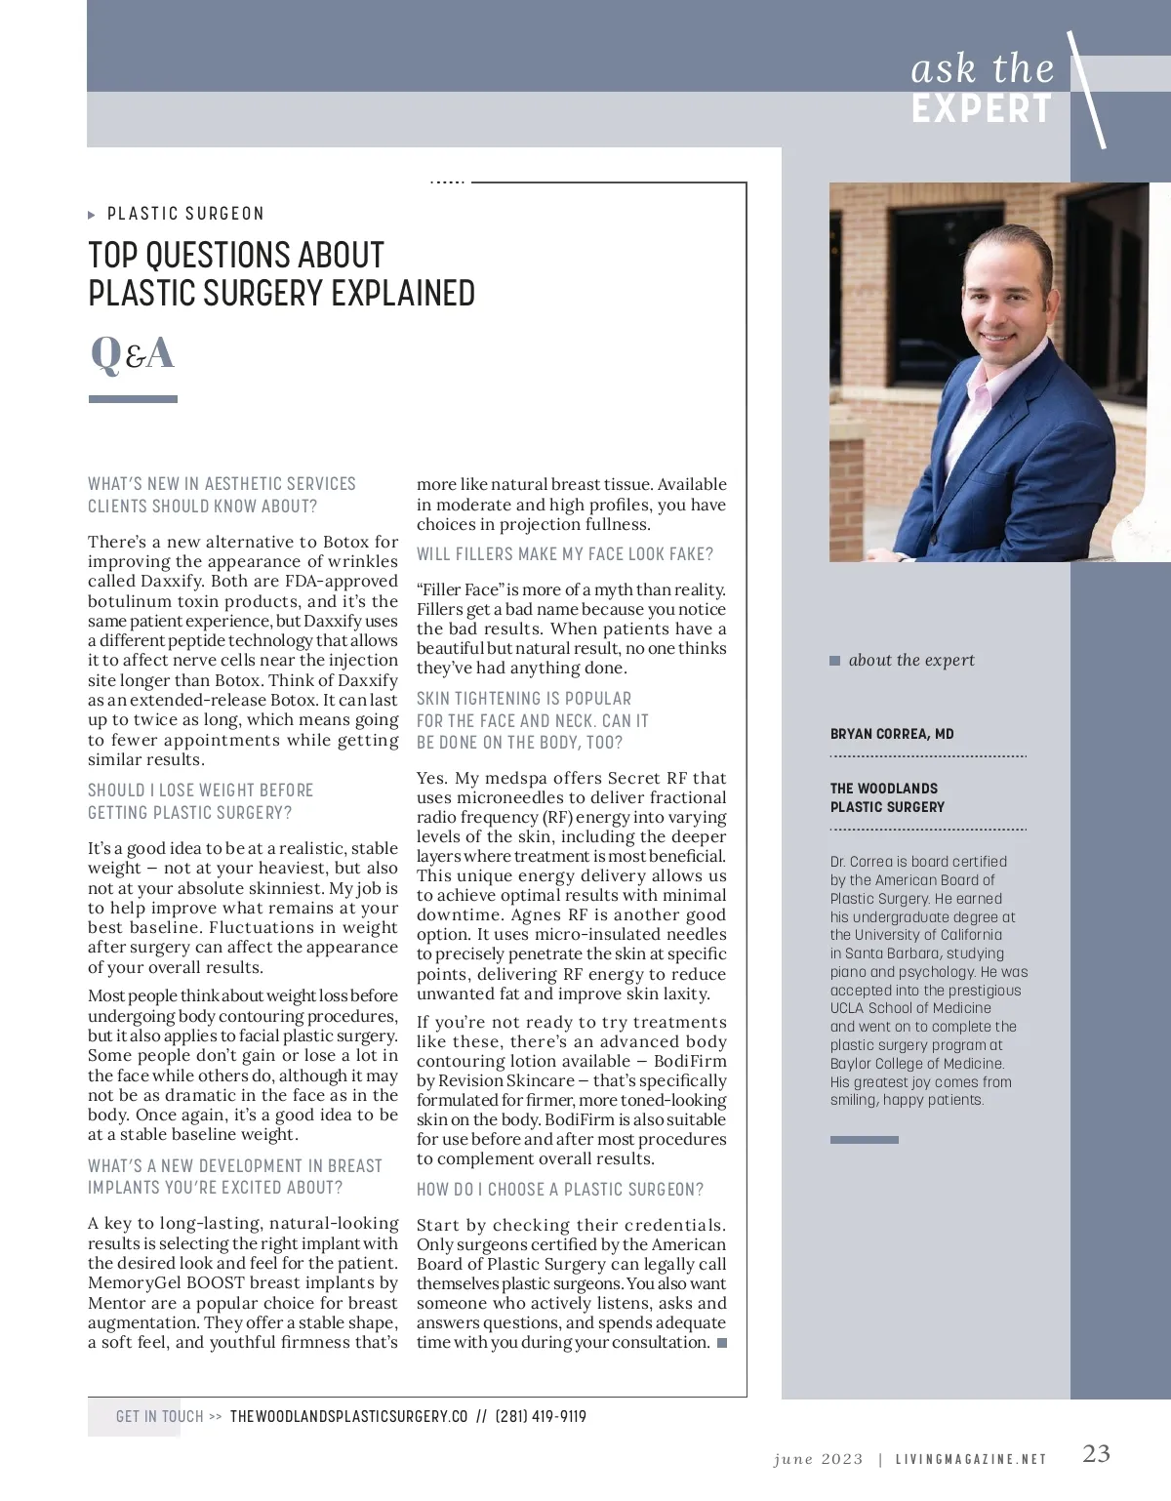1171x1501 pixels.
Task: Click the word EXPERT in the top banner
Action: click(x=982, y=108)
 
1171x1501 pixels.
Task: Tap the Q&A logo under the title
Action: click(x=133, y=353)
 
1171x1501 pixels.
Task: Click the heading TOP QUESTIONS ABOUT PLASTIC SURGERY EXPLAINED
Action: click(x=281, y=274)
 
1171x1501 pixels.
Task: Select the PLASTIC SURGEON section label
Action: click(x=185, y=214)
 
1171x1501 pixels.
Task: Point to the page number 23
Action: click(x=1096, y=1453)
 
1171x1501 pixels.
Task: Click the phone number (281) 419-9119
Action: click(x=541, y=1416)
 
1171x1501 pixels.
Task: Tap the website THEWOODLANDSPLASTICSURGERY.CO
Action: click(x=348, y=1416)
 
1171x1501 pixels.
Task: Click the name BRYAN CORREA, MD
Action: click(x=892, y=734)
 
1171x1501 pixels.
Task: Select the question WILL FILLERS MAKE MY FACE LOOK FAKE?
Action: click(x=565, y=554)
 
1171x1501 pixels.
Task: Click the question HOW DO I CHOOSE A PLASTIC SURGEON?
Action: click(x=560, y=1190)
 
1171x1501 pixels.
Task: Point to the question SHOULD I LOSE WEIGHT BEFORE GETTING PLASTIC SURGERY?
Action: click(x=200, y=801)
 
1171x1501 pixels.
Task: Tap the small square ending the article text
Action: click(x=722, y=1343)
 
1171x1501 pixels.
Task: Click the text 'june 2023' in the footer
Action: click(x=818, y=1459)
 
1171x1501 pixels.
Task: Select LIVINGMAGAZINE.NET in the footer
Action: click(x=971, y=1459)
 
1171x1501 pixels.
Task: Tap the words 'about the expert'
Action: click(x=911, y=660)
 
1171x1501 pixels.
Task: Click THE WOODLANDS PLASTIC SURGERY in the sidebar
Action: click(x=887, y=797)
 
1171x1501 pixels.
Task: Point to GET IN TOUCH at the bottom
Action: click(x=159, y=1416)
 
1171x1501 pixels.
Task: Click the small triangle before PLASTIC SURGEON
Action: click(x=92, y=215)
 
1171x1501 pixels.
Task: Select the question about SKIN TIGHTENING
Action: click(x=532, y=720)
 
